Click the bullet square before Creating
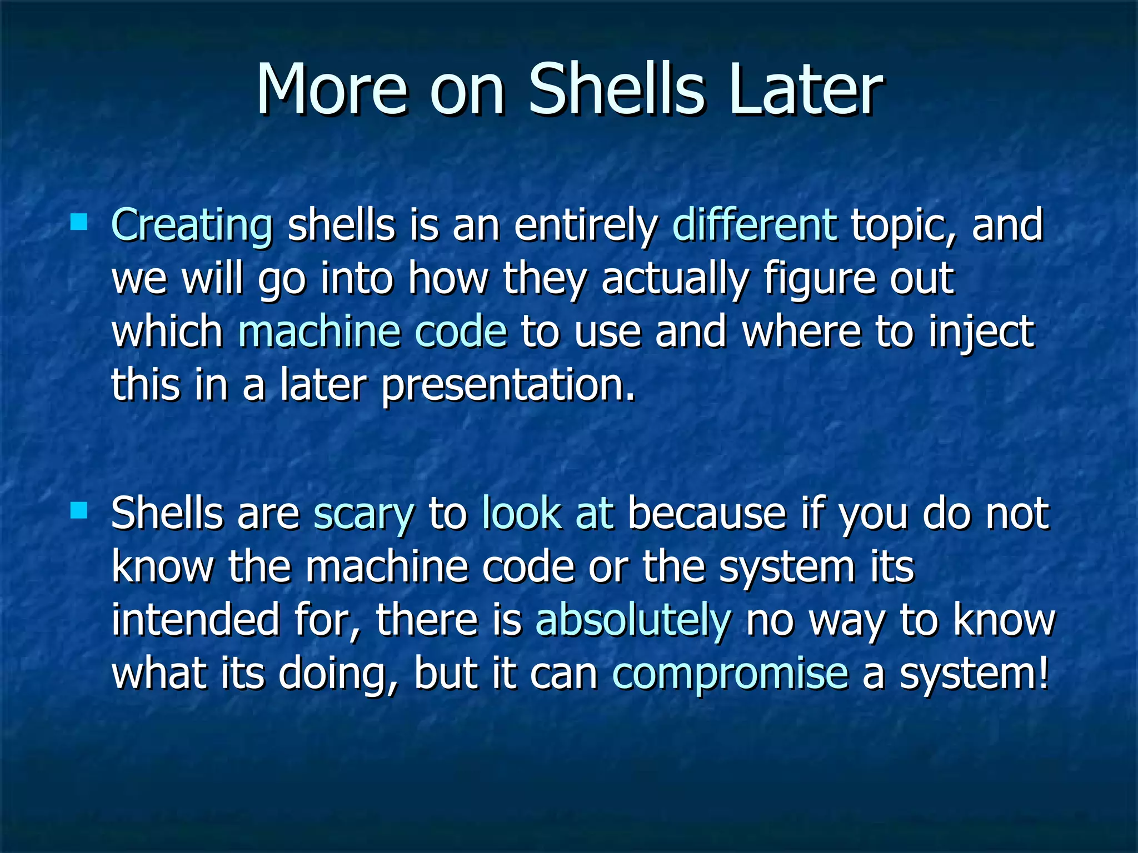coord(79,223)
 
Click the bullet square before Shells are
coord(79,510)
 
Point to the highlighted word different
coord(755,224)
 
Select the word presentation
coord(508,386)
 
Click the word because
coord(706,513)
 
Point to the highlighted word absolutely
coord(633,621)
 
